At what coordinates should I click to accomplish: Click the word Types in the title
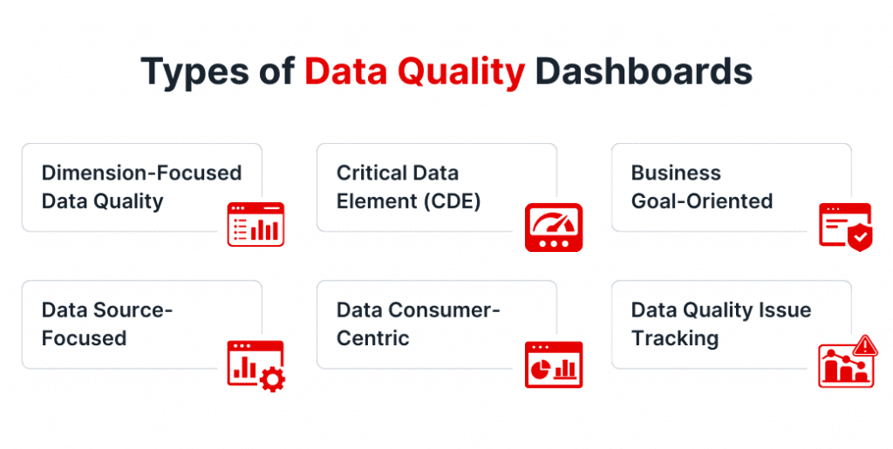(x=194, y=72)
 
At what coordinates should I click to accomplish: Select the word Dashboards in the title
(x=644, y=72)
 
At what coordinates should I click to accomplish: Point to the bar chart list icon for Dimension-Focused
(x=256, y=225)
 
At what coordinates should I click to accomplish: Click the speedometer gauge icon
(x=553, y=228)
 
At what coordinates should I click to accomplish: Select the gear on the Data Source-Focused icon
(x=273, y=379)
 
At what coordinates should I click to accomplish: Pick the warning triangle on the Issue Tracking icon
(x=865, y=347)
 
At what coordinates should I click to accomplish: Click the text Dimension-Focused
(x=141, y=173)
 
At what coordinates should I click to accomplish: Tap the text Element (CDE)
(x=409, y=201)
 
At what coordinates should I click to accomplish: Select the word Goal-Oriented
(x=702, y=201)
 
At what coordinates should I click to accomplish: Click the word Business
(x=676, y=173)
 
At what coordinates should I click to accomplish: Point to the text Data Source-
(x=106, y=310)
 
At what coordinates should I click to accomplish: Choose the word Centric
(x=373, y=338)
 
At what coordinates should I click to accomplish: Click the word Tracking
(x=675, y=338)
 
